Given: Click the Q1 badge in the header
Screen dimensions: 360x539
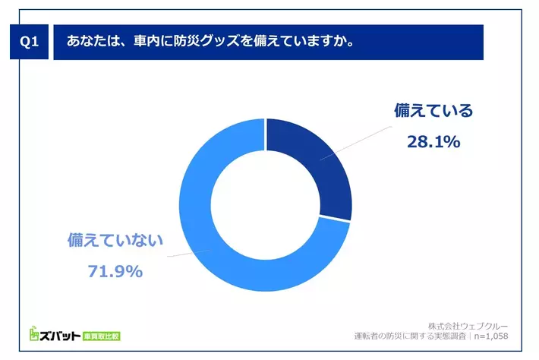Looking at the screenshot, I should (x=28, y=43).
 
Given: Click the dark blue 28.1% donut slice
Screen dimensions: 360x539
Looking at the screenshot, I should (x=315, y=167).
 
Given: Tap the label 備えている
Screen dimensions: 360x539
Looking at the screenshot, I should (x=433, y=111).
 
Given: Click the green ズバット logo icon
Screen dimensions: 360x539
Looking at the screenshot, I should (x=35, y=333).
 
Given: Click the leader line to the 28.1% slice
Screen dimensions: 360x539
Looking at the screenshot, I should (x=357, y=141).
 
